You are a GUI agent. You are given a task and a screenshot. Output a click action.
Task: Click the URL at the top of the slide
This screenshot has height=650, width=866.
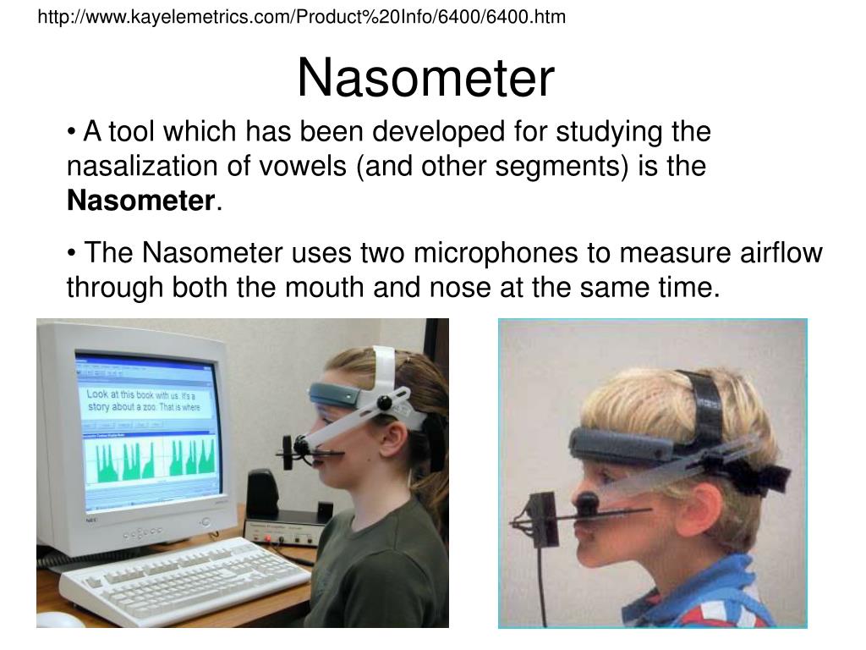pyautogui.click(x=301, y=16)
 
